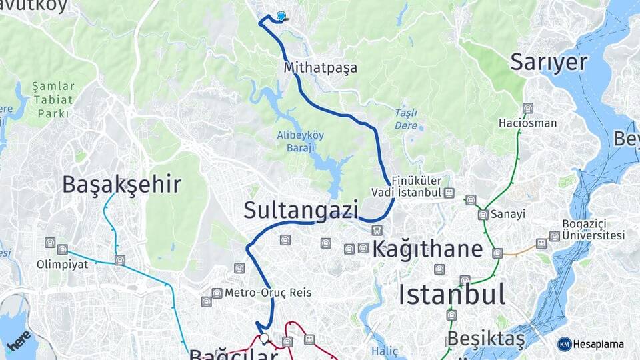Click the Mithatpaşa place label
320,68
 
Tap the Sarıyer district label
549,62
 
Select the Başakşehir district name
121,184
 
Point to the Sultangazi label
301,209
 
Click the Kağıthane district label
427,249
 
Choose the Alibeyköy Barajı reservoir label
301,141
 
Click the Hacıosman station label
528,123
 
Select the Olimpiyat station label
67,263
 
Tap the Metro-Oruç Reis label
267,293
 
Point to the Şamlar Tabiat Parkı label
53,100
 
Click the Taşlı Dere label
406,119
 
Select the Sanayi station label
508,215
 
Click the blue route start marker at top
281,17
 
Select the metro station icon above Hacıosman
528,108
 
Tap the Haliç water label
384,351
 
